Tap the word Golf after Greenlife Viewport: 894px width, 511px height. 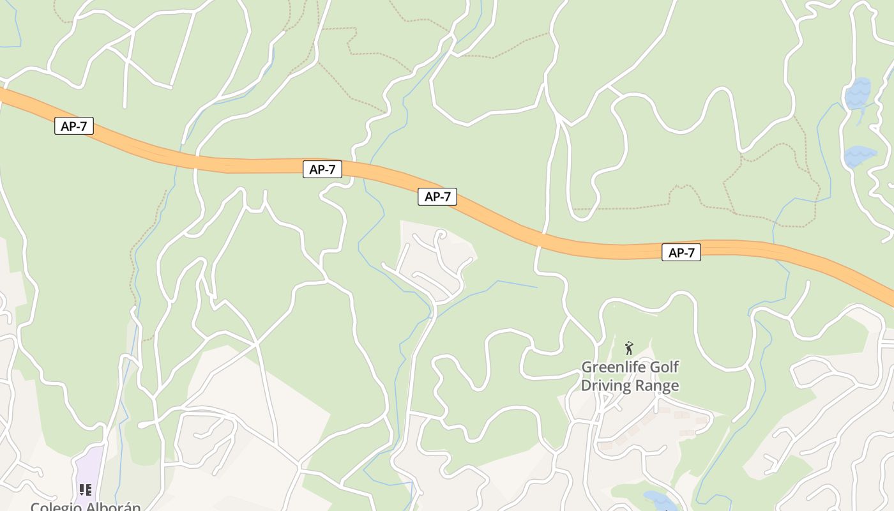(664, 367)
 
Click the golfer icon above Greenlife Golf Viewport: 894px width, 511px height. (629, 348)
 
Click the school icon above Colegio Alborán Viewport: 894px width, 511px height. (86, 490)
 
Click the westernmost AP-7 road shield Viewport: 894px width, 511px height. (74, 126)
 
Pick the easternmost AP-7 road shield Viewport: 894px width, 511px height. (681, 253)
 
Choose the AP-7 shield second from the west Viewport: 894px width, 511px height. (322, 169)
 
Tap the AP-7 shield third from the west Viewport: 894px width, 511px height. (437, 197)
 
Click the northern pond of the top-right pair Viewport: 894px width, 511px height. (858, 94)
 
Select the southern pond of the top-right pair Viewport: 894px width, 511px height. (859, 156)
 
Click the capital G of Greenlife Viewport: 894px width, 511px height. (586, 367)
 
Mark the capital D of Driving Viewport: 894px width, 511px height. (585, 386)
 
